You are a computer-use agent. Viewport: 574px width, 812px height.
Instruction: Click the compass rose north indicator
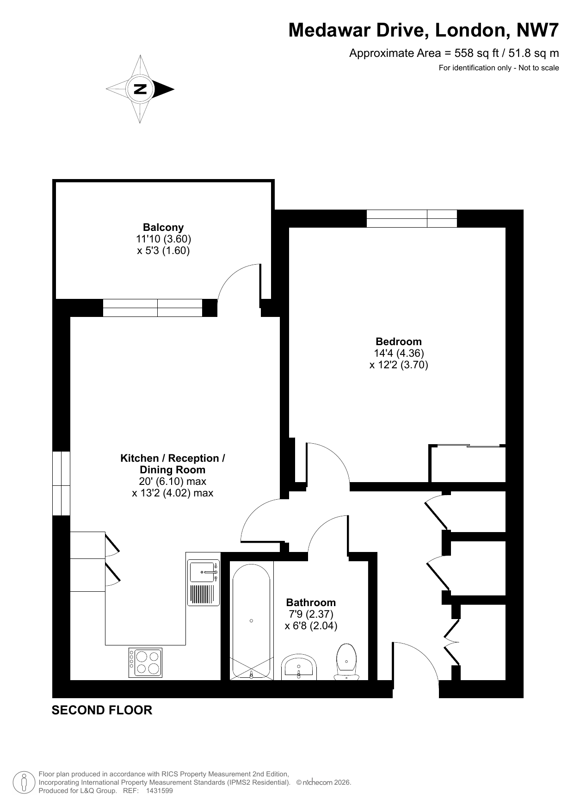point(140,89)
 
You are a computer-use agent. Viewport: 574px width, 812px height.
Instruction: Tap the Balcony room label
point(163,227)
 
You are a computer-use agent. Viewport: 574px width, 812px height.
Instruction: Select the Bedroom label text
point(399,341)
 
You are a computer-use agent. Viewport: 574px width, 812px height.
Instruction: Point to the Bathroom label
point(311,602)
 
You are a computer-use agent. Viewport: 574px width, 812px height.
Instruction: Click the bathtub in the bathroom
point(251,621)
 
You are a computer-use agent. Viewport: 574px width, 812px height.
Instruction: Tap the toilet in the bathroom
point(347,661)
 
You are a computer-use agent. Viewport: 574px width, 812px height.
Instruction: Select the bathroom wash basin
point(299,667)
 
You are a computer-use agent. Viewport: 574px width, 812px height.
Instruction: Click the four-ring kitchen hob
point(146,663)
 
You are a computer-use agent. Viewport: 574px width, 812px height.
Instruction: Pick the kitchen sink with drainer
point(204,583)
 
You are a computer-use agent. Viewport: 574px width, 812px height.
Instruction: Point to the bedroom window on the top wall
point(412,218)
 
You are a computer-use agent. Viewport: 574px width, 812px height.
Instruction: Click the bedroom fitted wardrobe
point(467,464)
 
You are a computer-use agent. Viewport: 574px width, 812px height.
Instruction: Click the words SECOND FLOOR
point(102,710)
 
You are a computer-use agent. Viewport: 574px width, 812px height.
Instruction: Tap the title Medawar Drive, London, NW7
point(424,31)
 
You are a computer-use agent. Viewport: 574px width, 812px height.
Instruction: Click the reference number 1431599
point(159,791)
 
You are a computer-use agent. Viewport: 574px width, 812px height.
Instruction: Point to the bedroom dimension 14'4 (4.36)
point(399,353)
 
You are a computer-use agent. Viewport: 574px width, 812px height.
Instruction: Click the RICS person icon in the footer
point(24,782)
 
